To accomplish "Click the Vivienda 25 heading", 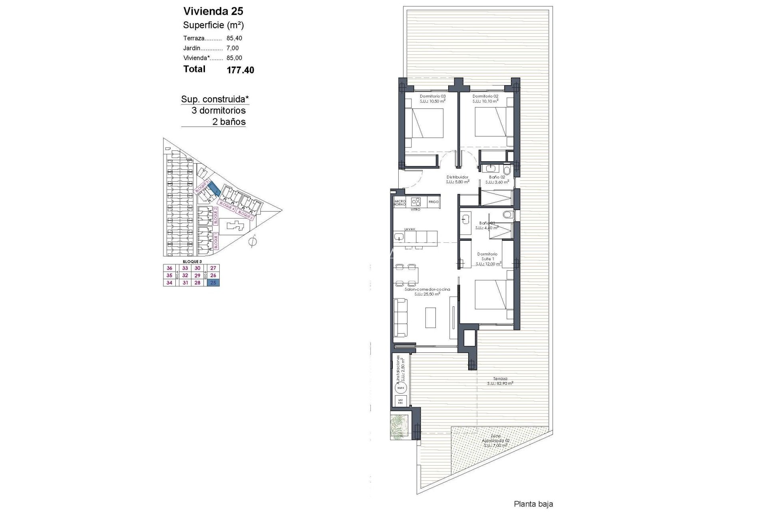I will (x=213, y=11).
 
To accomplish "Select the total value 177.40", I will (x=240, y=70).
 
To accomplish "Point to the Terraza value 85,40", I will (x=234, y=38).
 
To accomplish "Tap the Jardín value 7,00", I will (x=232, y=48).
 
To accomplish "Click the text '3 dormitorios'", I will (x=219, y=110).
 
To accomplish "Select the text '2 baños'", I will (x=229, y=122).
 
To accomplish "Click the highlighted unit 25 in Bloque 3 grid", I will (x=213, y=283).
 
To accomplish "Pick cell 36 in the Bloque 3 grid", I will (x=169, y=268).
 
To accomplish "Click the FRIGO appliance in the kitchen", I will (x=433, y=202).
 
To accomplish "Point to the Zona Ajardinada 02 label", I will (x=495, y=442).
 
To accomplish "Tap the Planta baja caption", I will (x=533, y=504).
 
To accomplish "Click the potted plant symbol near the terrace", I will (x=400, y=428).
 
